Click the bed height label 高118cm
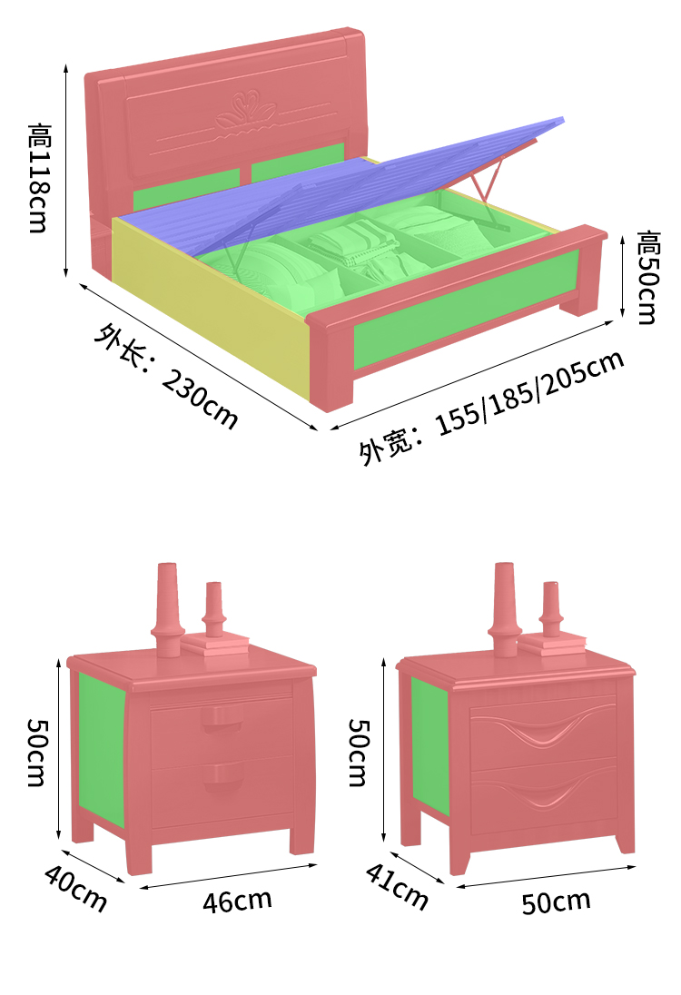(x=38, y=178)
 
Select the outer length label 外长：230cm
(x=166, y=375)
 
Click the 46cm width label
(x=237, y=901)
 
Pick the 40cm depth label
(x=75, y=889)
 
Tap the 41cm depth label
(x=397, y=885)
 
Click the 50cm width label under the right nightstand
(x=556, y=901)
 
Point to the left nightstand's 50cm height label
(x=36, y=753)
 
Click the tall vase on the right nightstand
(x=505, y=608)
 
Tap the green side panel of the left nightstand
(x=102, y=749)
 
